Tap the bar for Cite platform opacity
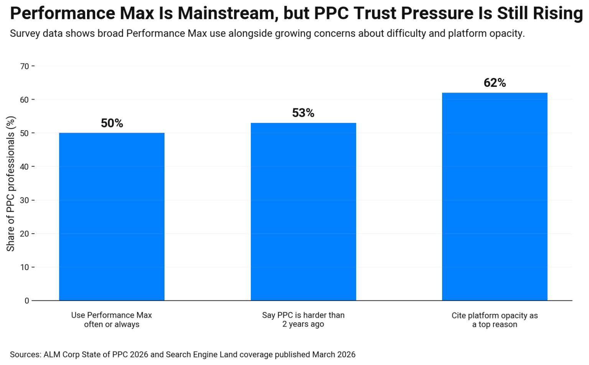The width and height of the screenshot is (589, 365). [x=495, y=196]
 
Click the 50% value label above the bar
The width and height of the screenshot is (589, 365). [x=112, y=123]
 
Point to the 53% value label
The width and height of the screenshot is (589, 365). [x=303, y=113]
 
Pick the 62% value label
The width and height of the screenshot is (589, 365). [x=495, y=83]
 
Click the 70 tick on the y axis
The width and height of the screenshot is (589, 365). [x=25, y=66]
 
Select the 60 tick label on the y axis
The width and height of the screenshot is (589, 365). [x=25, y=100]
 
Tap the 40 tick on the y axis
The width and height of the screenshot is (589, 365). [x=25, y=167]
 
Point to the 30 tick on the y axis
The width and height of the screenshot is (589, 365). [x=25, y=200]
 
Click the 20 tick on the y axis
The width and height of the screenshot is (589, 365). [x=25, y=234]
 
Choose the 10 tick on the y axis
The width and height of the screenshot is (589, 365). [x=25, y=267]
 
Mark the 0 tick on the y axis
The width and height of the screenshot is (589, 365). [x=27, y=300]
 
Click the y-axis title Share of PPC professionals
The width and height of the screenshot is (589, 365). [x=10, y=184]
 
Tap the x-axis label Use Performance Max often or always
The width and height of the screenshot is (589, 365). [x=112, y=320]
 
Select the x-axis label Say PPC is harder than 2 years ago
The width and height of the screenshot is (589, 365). [x=303, y=320]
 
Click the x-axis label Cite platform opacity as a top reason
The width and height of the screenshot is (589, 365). [x=495, y=320]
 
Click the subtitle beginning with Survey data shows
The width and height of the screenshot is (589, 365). [x=267, y=33]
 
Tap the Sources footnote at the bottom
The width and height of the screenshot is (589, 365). [x=183, y=354]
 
